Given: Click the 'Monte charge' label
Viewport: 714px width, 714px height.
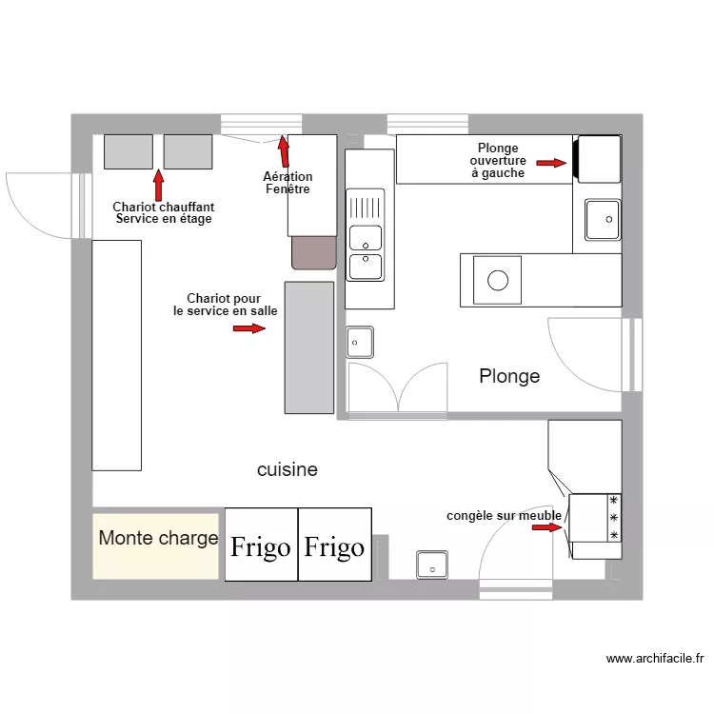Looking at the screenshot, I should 158,539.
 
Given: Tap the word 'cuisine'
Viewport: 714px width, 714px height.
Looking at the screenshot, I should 287,470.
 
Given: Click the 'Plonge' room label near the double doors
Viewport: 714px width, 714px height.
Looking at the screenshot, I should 509,377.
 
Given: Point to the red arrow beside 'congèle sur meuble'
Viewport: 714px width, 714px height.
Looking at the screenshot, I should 547,527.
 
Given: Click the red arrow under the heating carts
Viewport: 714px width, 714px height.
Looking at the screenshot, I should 159,185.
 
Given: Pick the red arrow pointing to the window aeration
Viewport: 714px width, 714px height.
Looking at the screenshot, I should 284,151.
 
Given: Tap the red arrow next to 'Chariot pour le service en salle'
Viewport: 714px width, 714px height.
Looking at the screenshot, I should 249,328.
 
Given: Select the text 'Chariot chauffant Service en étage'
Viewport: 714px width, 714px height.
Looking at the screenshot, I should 164,212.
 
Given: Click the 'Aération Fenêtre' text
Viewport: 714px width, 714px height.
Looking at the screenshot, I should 288,183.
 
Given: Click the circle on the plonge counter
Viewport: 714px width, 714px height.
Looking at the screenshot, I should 498,280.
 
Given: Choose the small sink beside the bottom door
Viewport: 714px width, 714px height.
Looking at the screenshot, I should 432,565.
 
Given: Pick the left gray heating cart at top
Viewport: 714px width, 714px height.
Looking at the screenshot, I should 129,152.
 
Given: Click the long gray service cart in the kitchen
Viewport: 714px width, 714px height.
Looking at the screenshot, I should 309,347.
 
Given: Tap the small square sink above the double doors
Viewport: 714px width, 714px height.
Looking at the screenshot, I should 360,341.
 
